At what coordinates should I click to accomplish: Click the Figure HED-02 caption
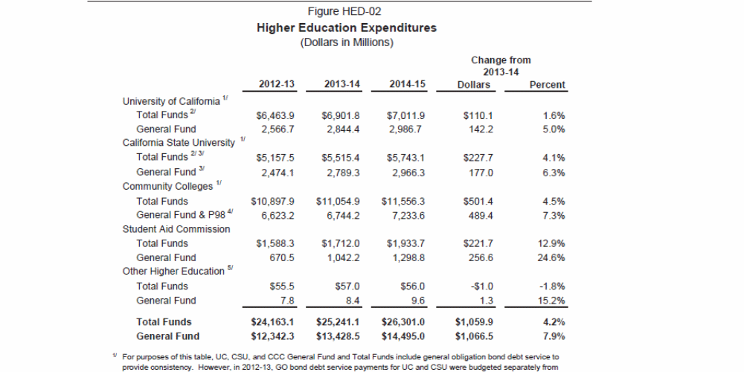[x=346, y=12]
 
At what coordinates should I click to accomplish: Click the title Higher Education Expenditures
[x=346, y=28]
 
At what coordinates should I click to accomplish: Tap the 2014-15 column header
[x=407, y=85]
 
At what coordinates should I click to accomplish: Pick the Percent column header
[x=547, y=85]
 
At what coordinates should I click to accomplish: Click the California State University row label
[x=179, y=142]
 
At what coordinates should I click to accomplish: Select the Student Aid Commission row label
[x=176, y=229]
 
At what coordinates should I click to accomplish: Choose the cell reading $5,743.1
[x=408, y=158]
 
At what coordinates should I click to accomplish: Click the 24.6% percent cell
[x=551, y=257]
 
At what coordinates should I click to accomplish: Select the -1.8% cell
[x=551, y=286]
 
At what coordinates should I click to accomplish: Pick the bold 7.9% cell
[x=553, y=336]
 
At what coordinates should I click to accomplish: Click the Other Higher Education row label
[x=173, y=272]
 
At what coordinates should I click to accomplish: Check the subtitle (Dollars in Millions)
[x=346, y=42]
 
